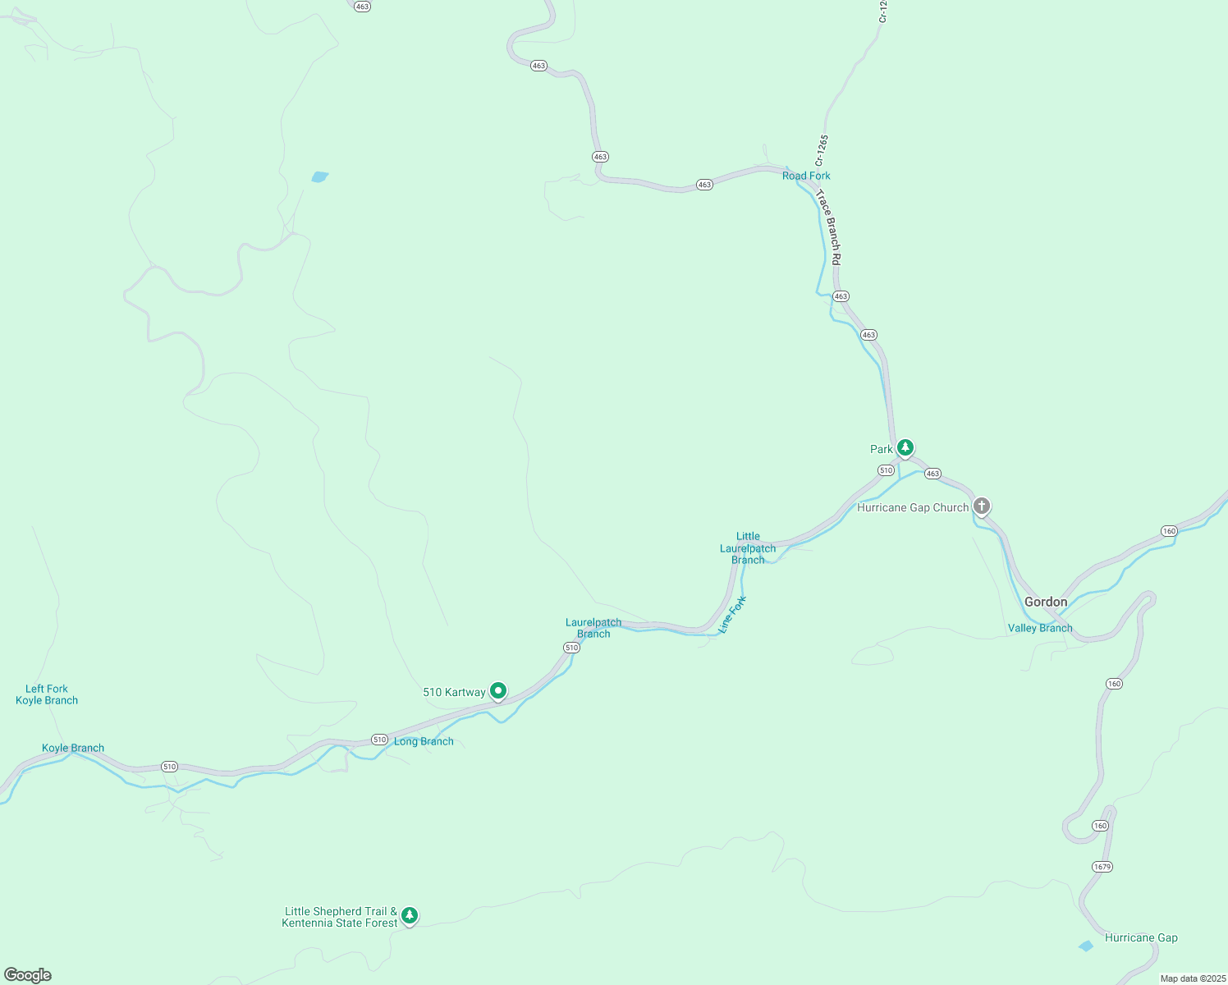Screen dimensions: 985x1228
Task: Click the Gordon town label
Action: pyautogui.click(x=1046, y=602)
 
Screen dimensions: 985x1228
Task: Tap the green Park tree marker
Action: pyautogui.click(x=905, y=447)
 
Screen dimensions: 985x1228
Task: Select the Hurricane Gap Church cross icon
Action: pyautogui.click(x=982, y=506)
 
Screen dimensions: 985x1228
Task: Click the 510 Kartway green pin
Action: pyautogui.click(x=497, y=691)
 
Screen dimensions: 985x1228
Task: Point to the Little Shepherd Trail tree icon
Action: pyautogui.click(x=410, y=915)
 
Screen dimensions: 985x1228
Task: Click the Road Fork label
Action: pyautogui.click(x=806, y=176)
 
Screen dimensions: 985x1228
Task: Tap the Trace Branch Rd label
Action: pyautogui.click(x=828, y=227)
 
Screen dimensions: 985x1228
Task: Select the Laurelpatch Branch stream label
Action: pyautogui.click(x=593, y=628)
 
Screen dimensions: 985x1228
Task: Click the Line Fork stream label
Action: pyautogui.click(x=732, y=614)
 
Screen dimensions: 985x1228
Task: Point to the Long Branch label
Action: pyautogui.click(x=424, y=741)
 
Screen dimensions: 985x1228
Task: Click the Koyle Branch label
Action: pyautogui.click(x=73, y=748)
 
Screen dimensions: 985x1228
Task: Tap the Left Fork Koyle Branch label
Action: pyautogui.click(x=47, y=694)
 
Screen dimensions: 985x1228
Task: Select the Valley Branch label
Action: pyautogui.click(x=1040, y=628)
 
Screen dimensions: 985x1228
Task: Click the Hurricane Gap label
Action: pyautogui.click(x=1141, y=937)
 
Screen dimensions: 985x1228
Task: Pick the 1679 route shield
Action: pyautogui.click(x=1102, y=867)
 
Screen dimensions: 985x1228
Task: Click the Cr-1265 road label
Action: pyautogui.click(x=822, y=150)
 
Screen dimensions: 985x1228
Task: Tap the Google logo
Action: pyautogui.click(x=28, y=975)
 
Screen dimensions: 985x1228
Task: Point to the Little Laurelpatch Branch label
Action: pyautogui.click(x=748, y=547)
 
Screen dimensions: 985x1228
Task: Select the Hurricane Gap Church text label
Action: pyautogui.click(x=913, y=507)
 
